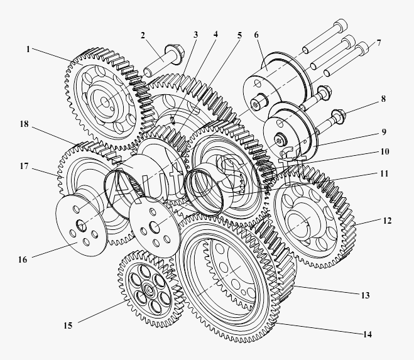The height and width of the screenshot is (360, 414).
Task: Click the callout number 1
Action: [28, 49]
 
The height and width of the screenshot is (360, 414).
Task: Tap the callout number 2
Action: [143, 35]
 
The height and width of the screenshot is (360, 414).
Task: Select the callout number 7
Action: [379, 43]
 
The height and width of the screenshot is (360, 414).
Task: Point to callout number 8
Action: [383, 99]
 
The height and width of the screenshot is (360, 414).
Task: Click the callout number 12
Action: [387, 221]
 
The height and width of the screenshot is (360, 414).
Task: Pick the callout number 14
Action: [368, 334]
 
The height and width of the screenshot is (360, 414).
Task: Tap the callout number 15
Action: [68, 325]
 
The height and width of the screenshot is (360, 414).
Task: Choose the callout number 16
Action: [23, 259]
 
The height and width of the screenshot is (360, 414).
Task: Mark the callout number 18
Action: [24, 124]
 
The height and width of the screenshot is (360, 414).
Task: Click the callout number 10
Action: [384, 151]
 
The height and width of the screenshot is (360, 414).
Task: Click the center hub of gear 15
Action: [149, 288]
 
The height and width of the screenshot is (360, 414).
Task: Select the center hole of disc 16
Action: [81, 225]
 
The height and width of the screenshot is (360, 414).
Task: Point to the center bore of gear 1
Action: [105, 103]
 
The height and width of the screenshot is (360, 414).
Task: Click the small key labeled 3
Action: [172, 120]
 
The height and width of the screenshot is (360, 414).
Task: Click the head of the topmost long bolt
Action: [340, 25]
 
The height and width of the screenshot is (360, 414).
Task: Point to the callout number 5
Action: [239, 35]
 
